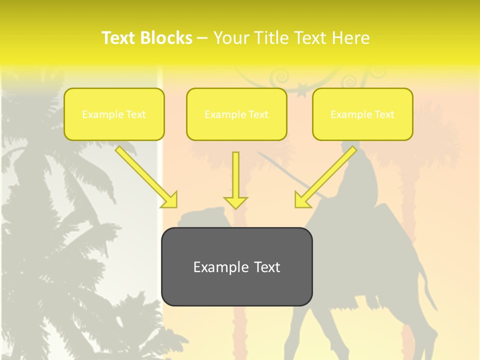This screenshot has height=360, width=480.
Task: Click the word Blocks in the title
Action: [x=166, y=38]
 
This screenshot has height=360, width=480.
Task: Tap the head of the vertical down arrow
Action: [x=235, y=202]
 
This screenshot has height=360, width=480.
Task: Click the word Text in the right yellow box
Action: [x=384, y=114]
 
